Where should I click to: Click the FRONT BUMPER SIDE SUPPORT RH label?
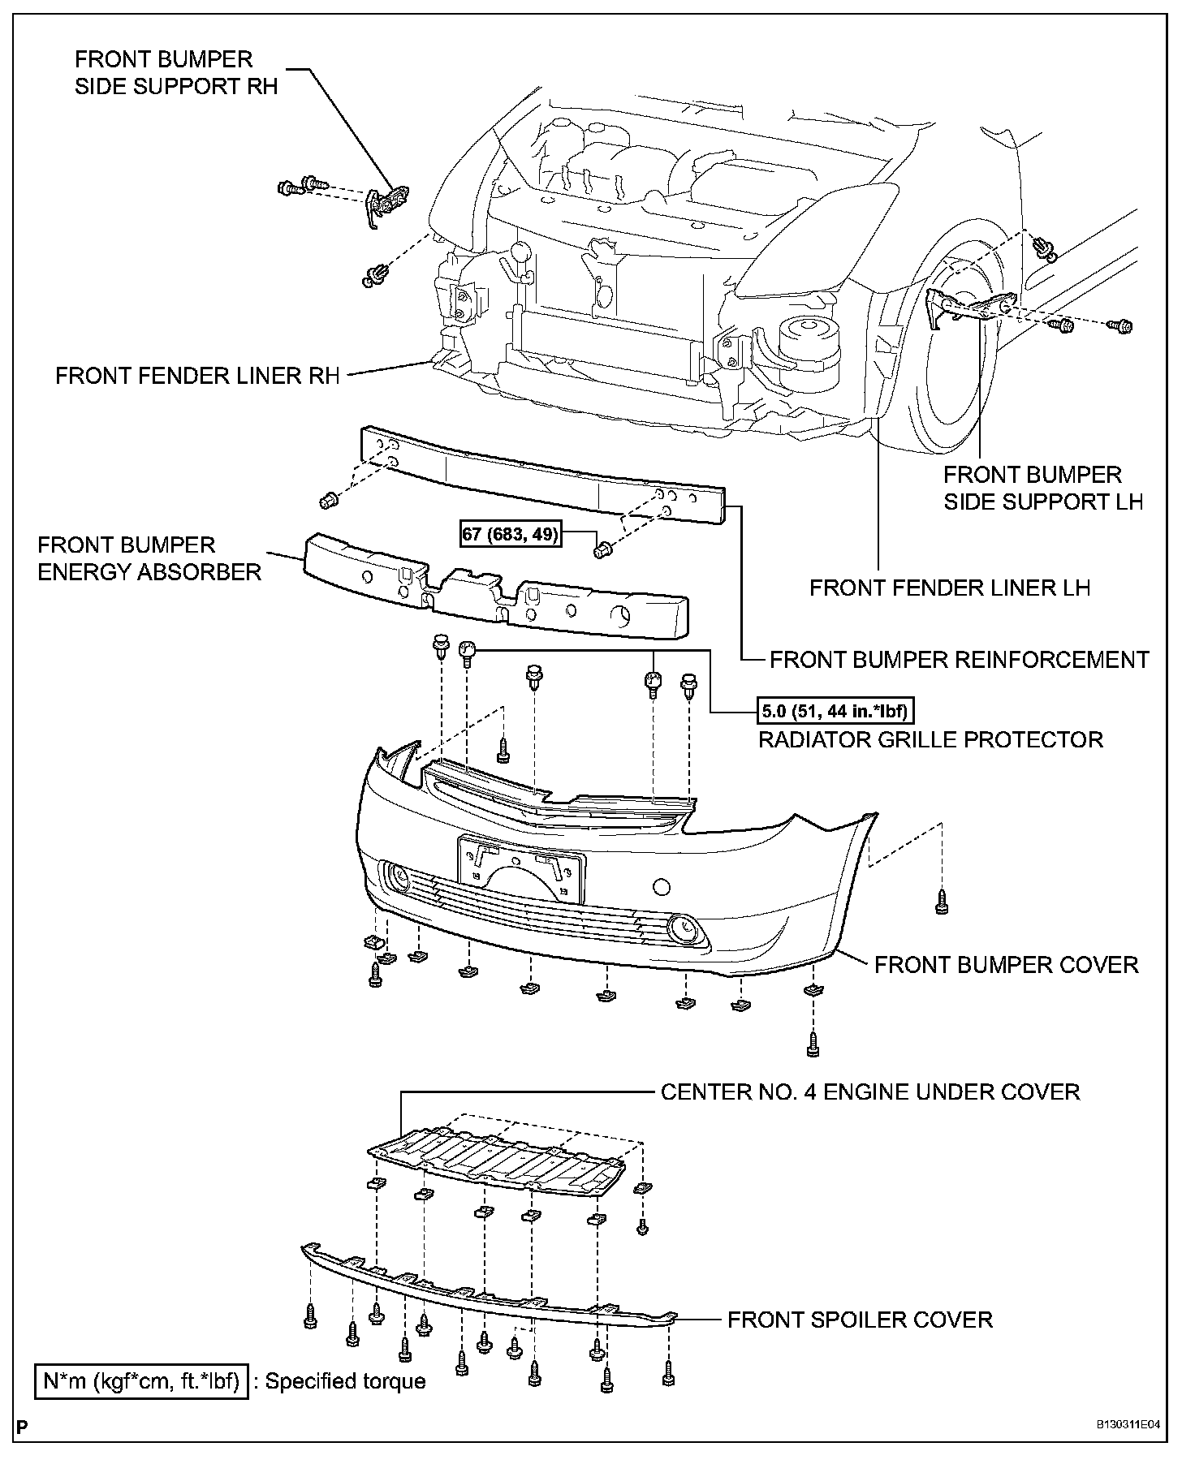[x=176, y=72]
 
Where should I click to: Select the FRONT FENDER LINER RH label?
[x=197, y=377]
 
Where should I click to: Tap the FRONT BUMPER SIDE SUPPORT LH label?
[x=1042, y=488]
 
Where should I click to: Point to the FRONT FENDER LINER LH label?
[x=949, y=588]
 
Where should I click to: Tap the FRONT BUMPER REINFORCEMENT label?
[x=959, y=660]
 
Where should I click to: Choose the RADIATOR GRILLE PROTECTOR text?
[x=930, y=740]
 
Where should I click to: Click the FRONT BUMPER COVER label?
[x=1006, y=965]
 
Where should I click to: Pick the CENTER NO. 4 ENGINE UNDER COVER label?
[x=869, y=1092]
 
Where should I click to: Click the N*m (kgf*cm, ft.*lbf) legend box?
[x=141, y=1381]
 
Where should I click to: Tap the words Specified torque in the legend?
[x=346, y=1381]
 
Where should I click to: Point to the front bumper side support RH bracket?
[x=386, y=202]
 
